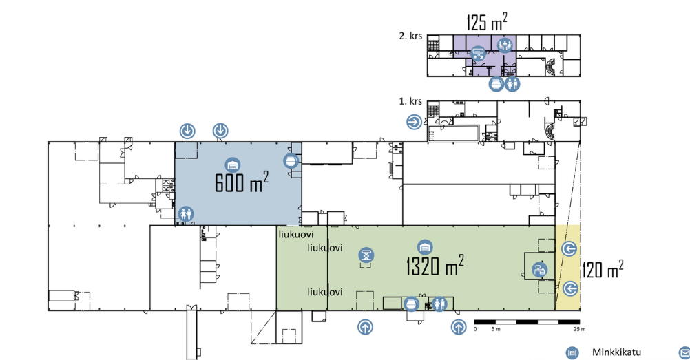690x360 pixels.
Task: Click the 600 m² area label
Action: [242, 182]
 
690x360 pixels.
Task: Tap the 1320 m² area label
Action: [435, 265]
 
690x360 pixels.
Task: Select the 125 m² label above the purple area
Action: [486, 21]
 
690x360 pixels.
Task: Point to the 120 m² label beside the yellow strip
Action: [603, 269]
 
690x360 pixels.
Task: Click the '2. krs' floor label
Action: [410, 36]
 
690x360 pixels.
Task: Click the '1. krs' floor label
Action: [410, 101]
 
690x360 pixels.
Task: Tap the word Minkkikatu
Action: [616, 352]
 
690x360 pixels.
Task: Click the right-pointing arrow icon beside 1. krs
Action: [414, 122]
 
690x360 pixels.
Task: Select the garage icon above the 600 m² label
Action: [233, 165]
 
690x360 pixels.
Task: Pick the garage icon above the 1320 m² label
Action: [425, 248]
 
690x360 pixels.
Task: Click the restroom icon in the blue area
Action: [186, 214]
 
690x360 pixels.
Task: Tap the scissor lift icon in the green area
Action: [366, 255]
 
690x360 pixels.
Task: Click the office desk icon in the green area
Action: [539, 269]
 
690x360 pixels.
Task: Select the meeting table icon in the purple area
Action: [505, 45]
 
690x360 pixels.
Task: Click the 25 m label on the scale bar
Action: [580, 329]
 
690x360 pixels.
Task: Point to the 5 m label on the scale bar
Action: [496, 329]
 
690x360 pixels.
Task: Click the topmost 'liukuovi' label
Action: [295, 235]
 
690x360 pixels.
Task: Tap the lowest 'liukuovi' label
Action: [325, 292]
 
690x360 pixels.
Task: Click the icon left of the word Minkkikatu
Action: [572, 352]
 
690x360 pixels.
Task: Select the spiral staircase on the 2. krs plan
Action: [552, 67]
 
